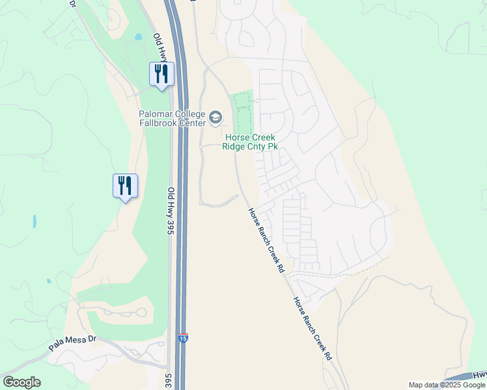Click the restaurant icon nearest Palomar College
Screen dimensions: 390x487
click(x=161, y=73)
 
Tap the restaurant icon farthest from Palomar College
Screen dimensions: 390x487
click(x=124, y=185)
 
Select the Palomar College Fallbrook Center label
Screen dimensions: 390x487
click(x=171, y=118)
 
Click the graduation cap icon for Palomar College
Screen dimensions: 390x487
click(x=216, y=118)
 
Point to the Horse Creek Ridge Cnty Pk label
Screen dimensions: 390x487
click(x=251, y=142)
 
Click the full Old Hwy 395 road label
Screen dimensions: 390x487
click(x=171, y=211)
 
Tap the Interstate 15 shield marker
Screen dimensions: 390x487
click(x=184, y=339)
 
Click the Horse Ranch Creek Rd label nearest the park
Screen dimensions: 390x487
click(x=267, y=239)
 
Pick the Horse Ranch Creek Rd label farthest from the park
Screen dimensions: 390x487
click(x=313, y=329)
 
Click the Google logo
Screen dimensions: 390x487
click(x=21, y=382)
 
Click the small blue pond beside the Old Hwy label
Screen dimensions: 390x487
click(x=137, y=37)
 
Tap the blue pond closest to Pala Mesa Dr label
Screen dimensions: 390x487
click(x=49, y=281)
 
